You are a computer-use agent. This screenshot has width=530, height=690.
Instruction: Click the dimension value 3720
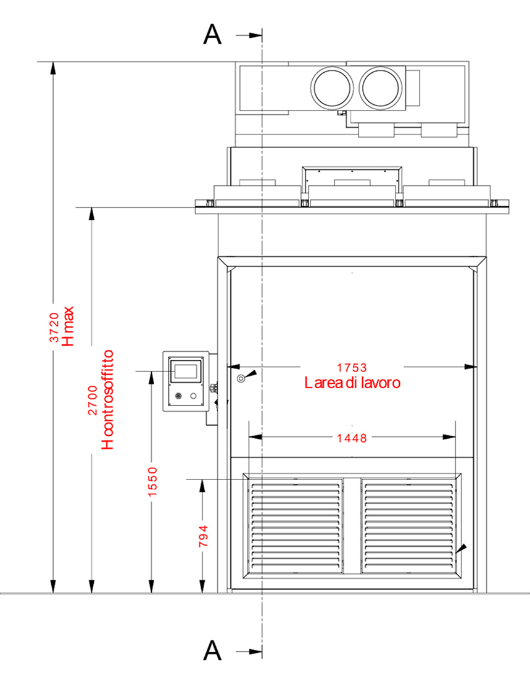pos(54,327)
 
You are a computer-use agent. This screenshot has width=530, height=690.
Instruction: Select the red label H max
pos(68,326)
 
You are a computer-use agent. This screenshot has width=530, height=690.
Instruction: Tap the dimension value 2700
pos(93,400)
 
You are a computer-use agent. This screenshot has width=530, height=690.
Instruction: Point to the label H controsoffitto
pos(107,399)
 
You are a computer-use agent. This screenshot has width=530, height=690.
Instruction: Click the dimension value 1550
pos(152,482)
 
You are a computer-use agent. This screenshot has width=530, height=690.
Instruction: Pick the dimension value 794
pos(203,536)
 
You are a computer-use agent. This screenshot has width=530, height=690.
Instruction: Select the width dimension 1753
pos(352,367)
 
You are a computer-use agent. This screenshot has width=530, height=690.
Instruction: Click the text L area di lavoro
pos(352,383)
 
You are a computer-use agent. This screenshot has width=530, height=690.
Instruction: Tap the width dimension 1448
pos(352,438)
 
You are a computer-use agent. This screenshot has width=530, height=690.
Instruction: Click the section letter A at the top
pos(212,35)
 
